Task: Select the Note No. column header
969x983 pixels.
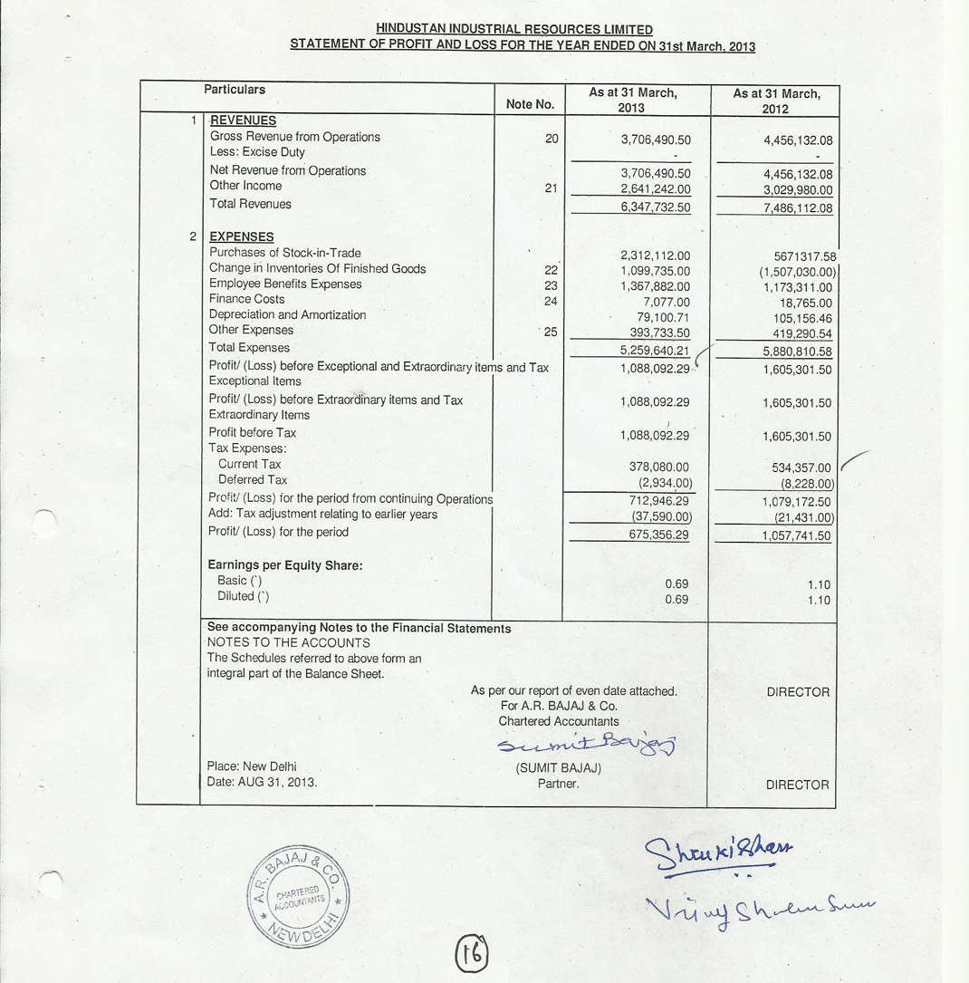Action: point(530,104)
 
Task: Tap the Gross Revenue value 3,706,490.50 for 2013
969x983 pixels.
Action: point(656,140)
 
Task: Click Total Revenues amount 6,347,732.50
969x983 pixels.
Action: point(656,207)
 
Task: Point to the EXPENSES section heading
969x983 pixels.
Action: point(241,236)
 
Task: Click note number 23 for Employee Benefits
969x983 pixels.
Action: point(552,284)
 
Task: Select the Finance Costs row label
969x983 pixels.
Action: point(246,299)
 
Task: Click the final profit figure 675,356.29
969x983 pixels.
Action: point(658,535)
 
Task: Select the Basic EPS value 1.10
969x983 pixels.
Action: point(819,585)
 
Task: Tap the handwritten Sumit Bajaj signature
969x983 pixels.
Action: point(588,744)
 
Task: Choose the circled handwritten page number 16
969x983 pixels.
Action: point(471,952)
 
